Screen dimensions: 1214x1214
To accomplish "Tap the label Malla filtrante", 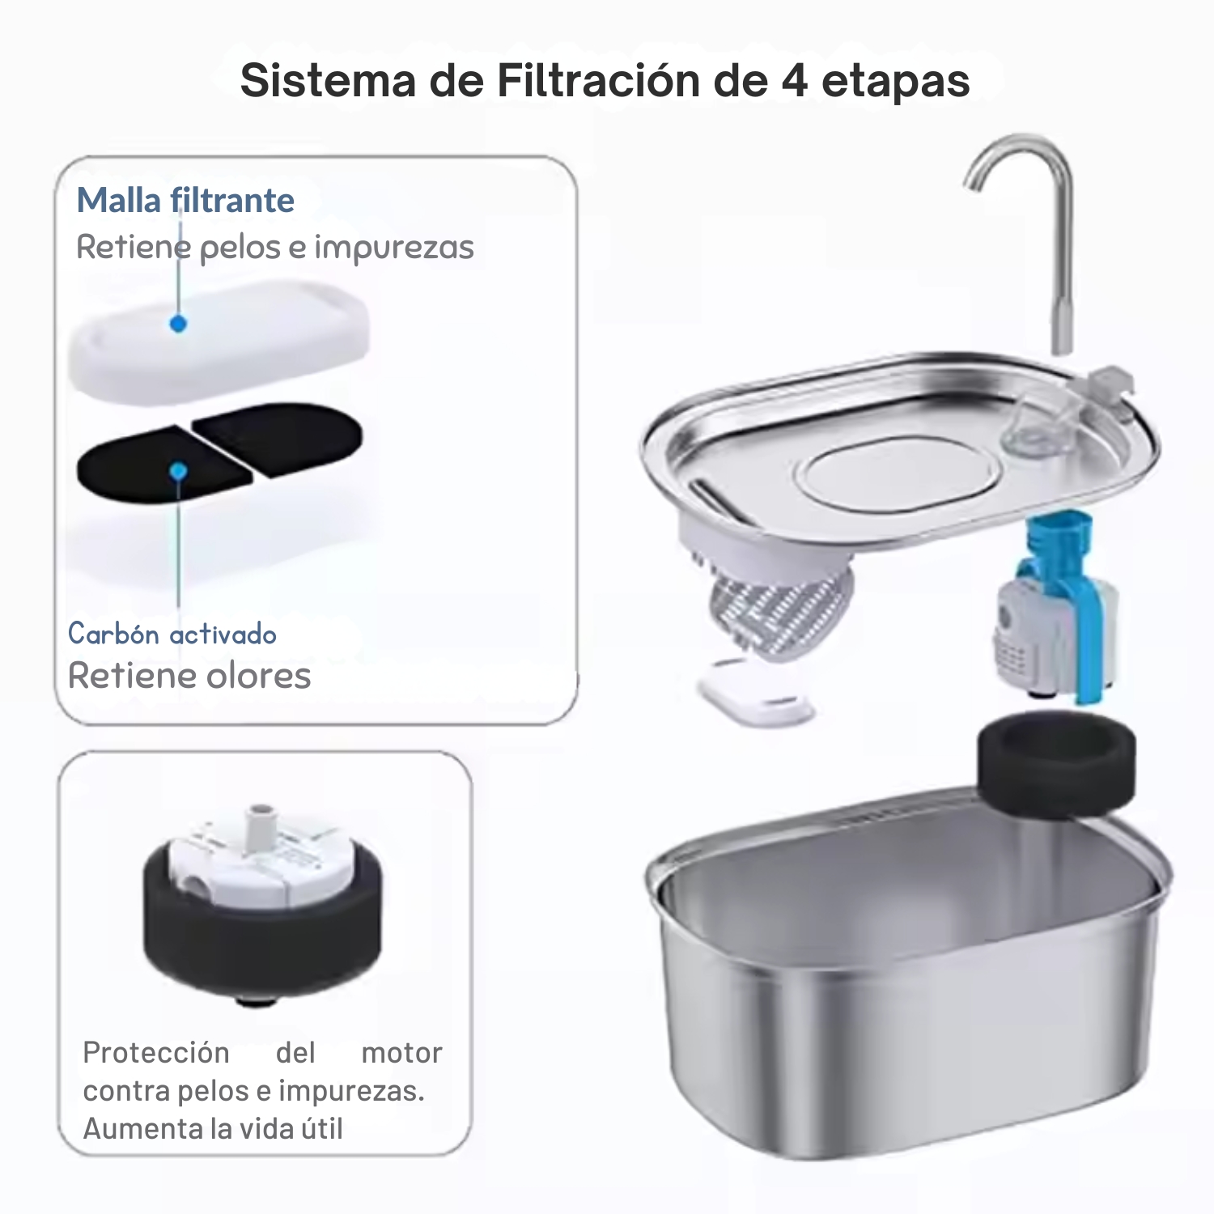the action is pyautogui.click(x=185, y=200).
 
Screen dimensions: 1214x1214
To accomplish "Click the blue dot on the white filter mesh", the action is pyautogui.click(x=179, y=324).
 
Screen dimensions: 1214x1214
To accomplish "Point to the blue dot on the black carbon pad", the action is pyautogui.click(x=179, y=471).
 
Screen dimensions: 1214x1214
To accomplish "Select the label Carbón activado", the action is pyautogui.click(x=172, y=634).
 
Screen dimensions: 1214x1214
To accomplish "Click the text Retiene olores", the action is pyautogui.click(x=189, y=676).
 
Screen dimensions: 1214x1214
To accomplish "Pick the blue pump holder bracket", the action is pyautogui.click(x=1063, y=599).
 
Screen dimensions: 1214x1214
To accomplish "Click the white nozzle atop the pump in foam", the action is pyautogui.click(x=260, y=826).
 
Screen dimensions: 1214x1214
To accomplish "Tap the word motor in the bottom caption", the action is pyautogui.click(x=401, y=1053).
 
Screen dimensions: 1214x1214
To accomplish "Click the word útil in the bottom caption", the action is pyautogui.click(x=322, y=1128).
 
